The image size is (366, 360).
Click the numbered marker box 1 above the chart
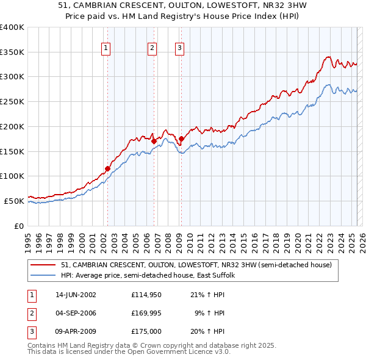tap(106, 48)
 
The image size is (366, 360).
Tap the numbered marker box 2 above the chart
tap(152, 48)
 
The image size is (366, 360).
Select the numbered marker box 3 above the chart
tap(180, 48)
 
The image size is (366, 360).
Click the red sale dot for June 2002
tap(107, 168)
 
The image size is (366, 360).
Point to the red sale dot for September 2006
tap(154, 141)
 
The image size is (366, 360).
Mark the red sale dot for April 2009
tap(181, 139)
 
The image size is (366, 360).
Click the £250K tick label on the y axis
tap(12, 101)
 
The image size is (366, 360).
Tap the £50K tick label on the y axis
tap(14, 201)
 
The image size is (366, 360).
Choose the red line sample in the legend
tap(43, 265)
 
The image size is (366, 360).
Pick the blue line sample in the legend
tap(43, 275)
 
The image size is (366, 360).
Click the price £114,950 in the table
tap(146, 295)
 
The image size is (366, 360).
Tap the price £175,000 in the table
tap(146, 331)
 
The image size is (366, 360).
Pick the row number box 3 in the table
tap(31, 331)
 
